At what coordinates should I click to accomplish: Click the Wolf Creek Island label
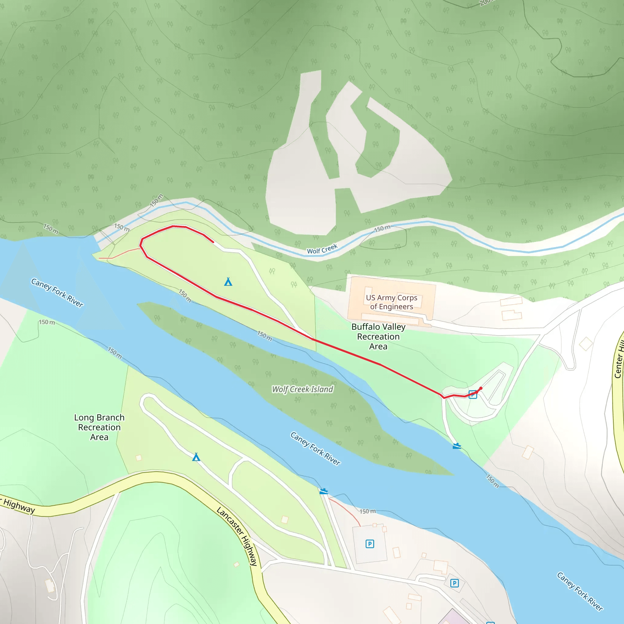302,389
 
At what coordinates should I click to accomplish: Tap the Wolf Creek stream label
322,249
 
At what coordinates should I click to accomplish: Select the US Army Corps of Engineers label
392,302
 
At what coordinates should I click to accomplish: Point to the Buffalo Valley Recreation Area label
378,336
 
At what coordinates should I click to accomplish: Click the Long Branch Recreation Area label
99,427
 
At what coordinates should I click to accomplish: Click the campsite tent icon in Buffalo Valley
228,282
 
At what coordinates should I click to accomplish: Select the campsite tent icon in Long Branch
196,457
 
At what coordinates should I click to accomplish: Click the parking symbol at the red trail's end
473,394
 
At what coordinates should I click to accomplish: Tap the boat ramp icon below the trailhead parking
457,446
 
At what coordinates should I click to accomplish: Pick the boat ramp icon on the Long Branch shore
324,491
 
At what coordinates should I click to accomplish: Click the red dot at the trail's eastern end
480,388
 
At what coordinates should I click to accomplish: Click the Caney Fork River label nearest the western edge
57,292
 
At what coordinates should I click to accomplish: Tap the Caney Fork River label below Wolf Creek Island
315,448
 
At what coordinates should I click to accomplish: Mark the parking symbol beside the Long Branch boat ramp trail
370,544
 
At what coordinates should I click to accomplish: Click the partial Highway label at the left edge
18,506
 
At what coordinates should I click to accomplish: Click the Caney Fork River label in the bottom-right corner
580,591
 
